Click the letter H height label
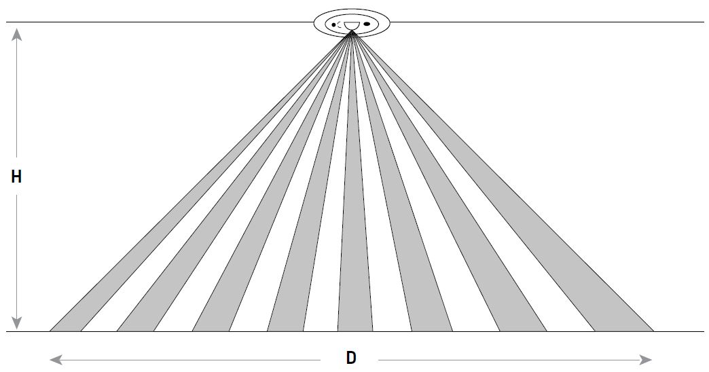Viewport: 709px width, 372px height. tap(17, 177)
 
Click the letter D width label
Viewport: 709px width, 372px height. tap(351, 358)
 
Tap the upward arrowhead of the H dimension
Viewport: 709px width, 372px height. tap(18, 31)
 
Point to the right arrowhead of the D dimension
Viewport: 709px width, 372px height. tap(647, 358)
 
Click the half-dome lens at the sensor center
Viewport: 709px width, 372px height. tap(351, 26)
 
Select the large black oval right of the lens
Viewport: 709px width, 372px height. tap(367, 24)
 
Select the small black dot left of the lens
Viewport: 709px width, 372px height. tap(333, 25)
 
